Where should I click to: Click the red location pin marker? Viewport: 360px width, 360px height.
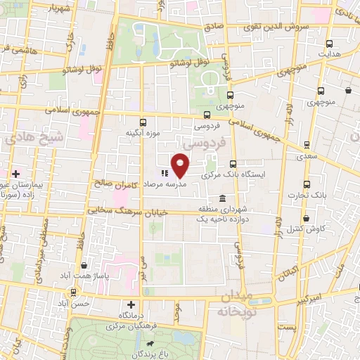point(181,165)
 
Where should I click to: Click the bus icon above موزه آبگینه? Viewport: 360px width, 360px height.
point(143,121)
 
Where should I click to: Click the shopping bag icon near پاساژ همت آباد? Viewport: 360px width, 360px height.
point(84,266)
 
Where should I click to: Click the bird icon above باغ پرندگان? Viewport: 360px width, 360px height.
point(149,342)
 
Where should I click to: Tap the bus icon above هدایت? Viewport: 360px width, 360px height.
point(330,41)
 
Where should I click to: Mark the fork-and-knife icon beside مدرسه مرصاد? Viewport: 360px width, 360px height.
point(163,173)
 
